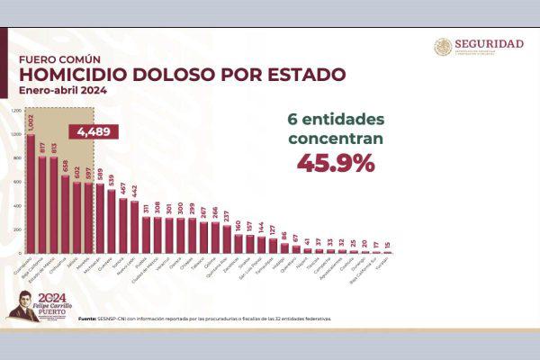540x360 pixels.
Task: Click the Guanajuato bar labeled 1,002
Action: [x=31, y=193]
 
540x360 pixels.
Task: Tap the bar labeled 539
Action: [x=111, y=221]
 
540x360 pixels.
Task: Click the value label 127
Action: [x=273, y=229]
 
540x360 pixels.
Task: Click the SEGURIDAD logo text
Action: [x=490, y=43]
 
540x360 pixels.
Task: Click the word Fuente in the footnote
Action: [x=87, y=319]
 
